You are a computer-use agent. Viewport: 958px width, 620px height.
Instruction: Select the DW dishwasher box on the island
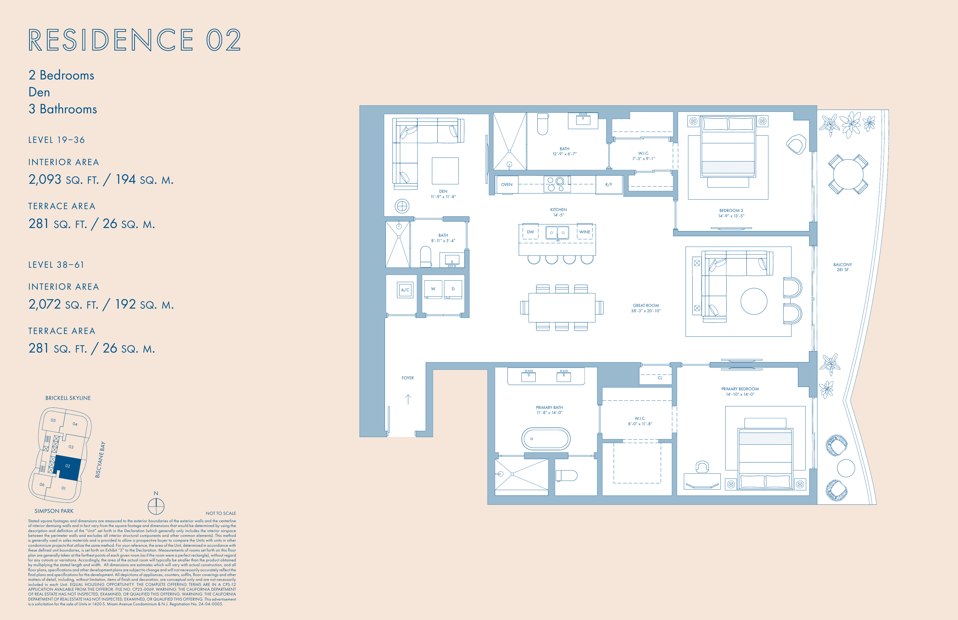(531, 232)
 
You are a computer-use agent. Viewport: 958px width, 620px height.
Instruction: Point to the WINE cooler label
(585, 232)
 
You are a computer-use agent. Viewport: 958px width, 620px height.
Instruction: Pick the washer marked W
(433, 289)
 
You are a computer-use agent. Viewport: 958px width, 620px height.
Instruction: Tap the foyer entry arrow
(408, 399)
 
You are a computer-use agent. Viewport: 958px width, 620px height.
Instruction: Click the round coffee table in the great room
(754, 301)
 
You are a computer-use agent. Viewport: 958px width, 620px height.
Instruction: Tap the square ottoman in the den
(445, 171)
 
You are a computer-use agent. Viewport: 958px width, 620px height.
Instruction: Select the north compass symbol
(156, 506)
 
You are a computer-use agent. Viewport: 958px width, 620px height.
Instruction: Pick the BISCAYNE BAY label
(100, 460)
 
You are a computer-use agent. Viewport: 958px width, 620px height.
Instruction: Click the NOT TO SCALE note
(221, 513)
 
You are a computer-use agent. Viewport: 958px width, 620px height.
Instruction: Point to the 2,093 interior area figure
(45, 179)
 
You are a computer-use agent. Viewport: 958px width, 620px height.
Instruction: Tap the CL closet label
(660, 378)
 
